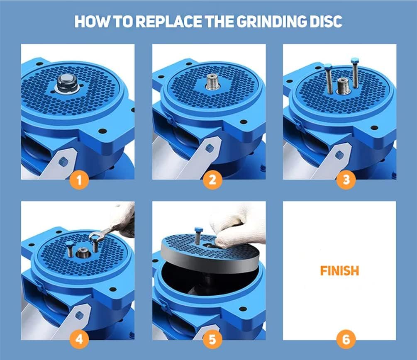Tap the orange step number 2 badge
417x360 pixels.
[x=212, y=180]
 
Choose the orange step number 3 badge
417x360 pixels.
[x=346, y=180]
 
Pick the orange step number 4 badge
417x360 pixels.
[x=79, y=339]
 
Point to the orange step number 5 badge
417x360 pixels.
[x=212, y=339]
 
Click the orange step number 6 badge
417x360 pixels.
[x=346, y=339]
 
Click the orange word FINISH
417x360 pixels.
[x=339, y=271]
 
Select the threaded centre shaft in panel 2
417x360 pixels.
[x=213, y=82]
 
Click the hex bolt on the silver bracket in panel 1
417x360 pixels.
[x=63, y=161]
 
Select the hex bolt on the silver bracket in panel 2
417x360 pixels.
[x=209, y=148]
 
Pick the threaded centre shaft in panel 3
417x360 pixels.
[x=343, y=86]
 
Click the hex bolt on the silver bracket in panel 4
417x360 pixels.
[x=78, y=315]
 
